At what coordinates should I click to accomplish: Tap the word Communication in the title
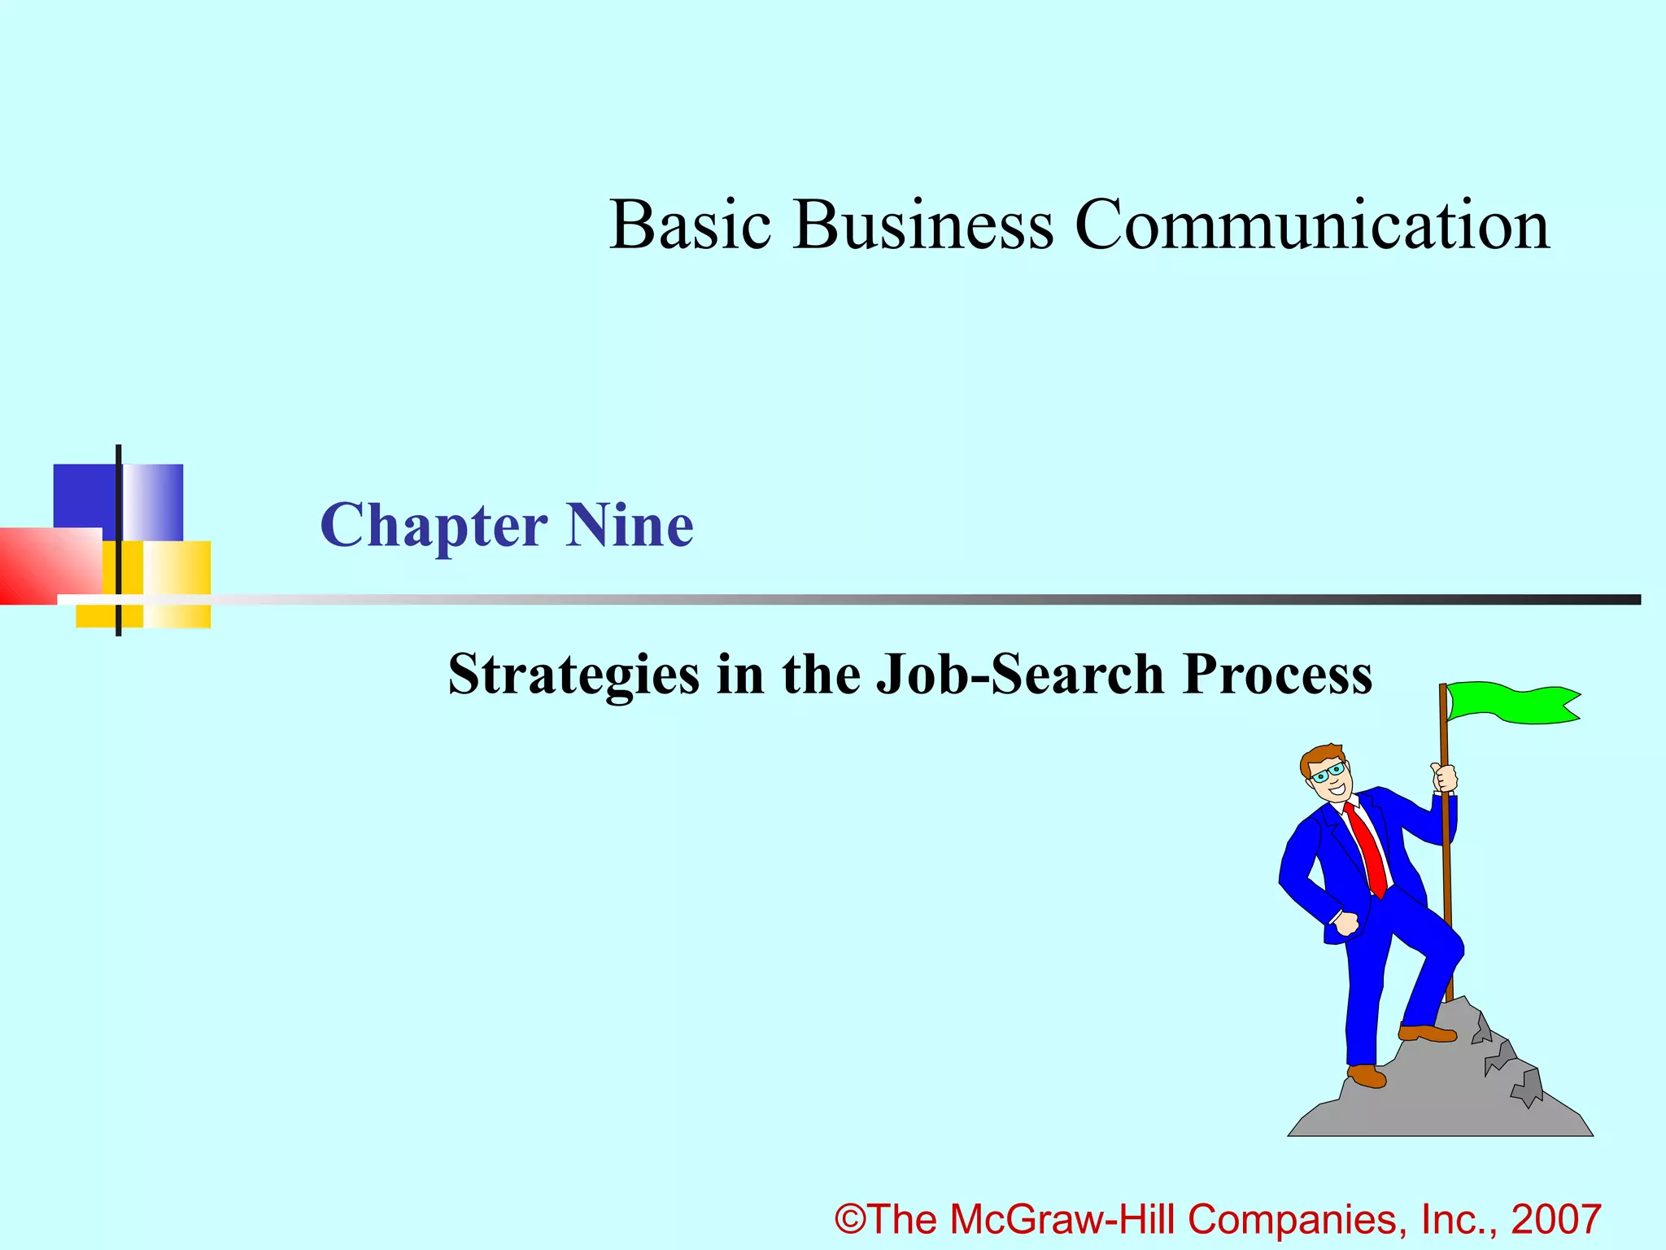(x=1311, y=225)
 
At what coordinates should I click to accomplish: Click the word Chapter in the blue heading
(x=434, y=527)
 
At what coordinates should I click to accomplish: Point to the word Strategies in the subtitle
(x=574, y=675)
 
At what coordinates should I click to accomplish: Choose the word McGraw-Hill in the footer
(x=1063, y=1219)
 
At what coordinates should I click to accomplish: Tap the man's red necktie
(x=1367, y=846)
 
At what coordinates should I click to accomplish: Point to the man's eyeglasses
(x=1328, y=772)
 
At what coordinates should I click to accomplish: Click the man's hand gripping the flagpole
(x=1444, y=777)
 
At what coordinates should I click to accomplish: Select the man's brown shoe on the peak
(x=1428, y=1034)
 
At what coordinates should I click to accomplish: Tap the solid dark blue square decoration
(x=84, y=496)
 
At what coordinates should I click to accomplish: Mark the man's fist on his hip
(x=1346, y=924)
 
